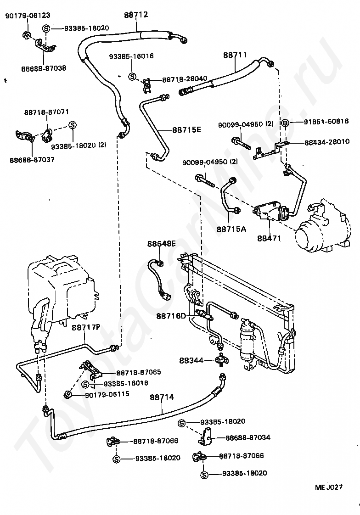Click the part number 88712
[x=136, y=15]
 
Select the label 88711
[x=235, y=55]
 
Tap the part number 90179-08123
[x=28, y=16]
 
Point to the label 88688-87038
[x=44, y=68]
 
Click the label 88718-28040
[x=185, y=78]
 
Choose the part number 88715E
[x=186, y=130]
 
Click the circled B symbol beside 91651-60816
[x=286, y=123]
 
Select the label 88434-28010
[x=327, y=142]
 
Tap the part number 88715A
[x=231, y=229]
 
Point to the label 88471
[x=269, y=238]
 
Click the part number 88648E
[x=161, y=244]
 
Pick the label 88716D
[x=171, y=316]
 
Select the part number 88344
[x=191, y=360]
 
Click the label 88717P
[x=86, y=327]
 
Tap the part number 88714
[x=162, y=397]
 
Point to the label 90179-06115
[x=107, y=394]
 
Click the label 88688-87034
[x=248, y=437]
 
